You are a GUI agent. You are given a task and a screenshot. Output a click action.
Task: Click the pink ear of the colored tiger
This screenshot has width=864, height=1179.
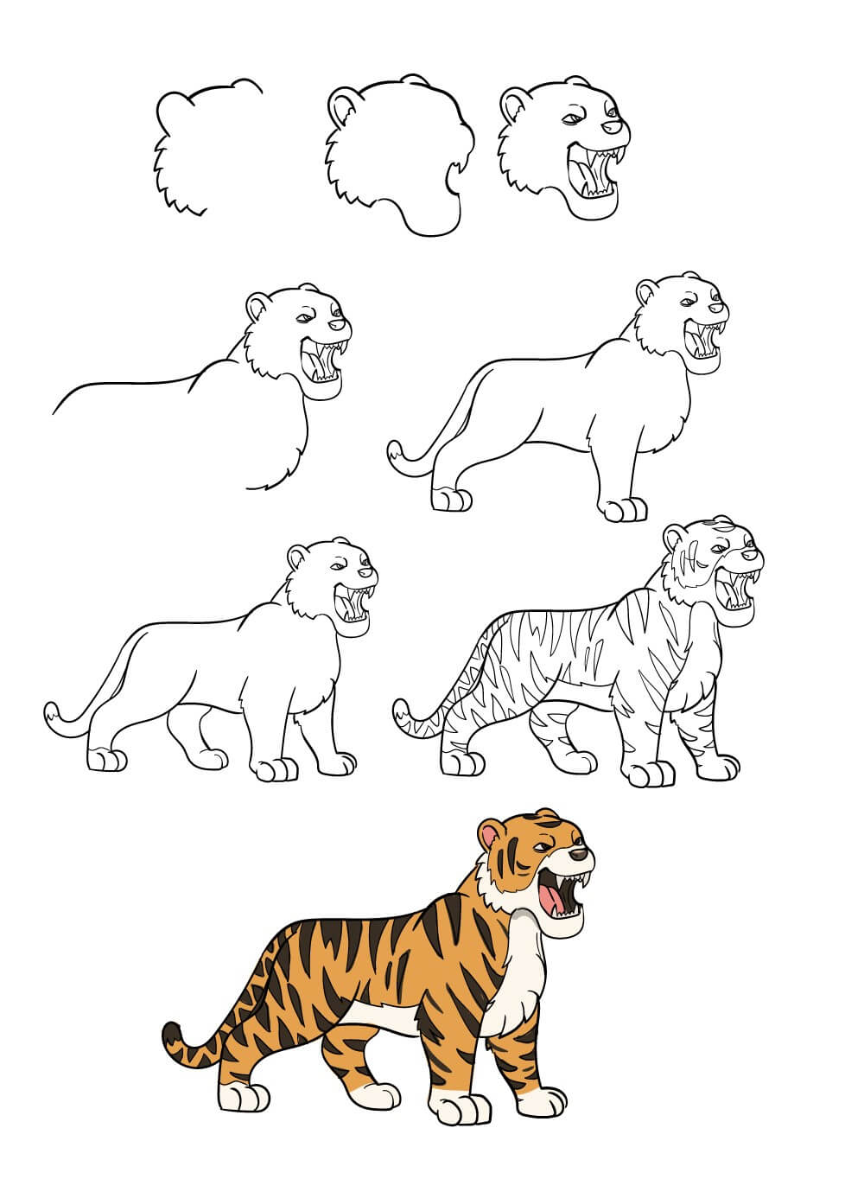(x=490, y=836)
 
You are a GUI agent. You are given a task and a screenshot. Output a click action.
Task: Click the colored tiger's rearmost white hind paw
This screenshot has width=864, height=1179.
(x=240, y=1097)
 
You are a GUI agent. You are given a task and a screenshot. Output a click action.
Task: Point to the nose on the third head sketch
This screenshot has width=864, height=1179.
(x=614, y=127)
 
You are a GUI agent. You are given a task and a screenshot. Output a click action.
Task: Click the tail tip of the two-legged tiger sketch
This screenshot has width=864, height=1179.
(x=398, y=453)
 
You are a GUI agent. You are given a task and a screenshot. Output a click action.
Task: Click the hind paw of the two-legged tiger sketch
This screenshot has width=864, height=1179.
(x=450, y=500)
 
